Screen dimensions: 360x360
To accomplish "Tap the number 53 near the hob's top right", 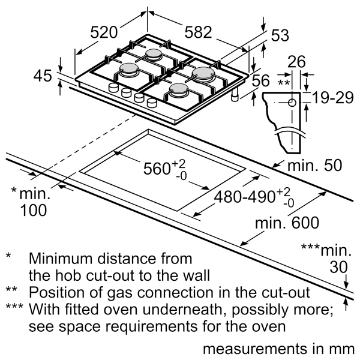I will pyautogui.click(x=280, y=36).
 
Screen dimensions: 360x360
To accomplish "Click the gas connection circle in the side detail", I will pyautogui.click(x=292, y=102).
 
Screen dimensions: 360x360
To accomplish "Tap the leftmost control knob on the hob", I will pyautogui.click(x=112, y=89).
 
